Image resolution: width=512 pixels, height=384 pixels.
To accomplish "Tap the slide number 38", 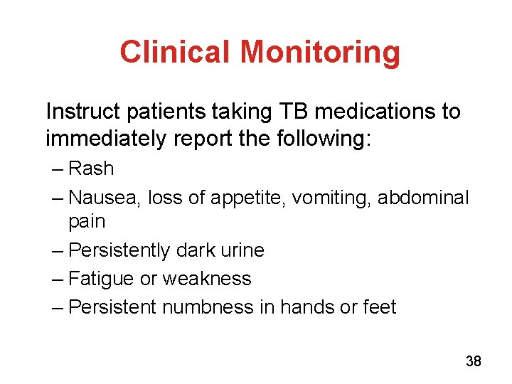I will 473,362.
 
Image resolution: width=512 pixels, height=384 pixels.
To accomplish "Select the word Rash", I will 91,169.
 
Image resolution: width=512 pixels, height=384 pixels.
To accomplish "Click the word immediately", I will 107,138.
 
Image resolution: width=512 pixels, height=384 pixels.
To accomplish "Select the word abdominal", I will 423,198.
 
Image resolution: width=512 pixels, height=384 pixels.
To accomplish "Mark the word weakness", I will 207,279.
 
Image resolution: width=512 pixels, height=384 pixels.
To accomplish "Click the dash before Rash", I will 57,169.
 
